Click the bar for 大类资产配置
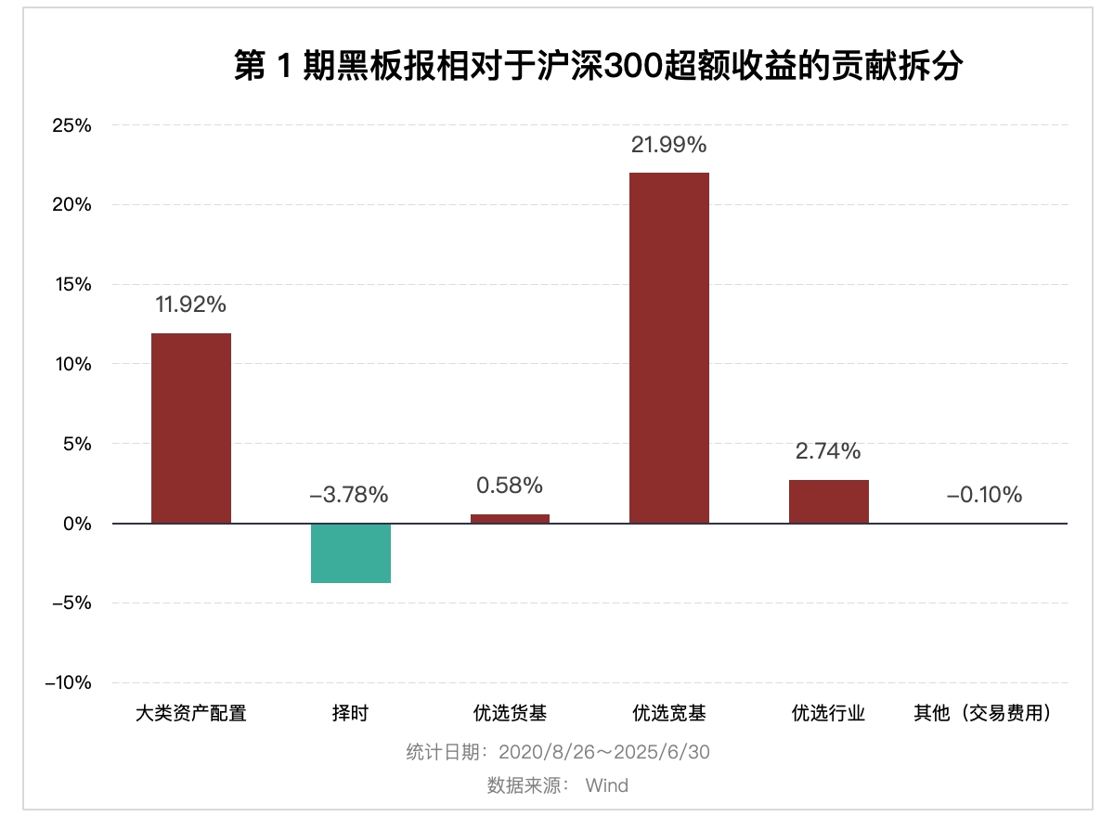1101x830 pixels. click(191, 428)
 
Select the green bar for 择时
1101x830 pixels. click(350, 553)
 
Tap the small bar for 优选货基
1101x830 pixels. click(510, 518)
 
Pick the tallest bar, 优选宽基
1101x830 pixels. click(668, 348)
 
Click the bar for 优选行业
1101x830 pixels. click(828, 501)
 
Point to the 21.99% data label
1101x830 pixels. click(668, 145)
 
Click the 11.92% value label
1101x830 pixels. click(190, 305)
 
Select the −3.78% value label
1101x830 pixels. click(349, 495)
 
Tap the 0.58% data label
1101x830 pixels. click(509, 486)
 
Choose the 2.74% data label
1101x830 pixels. click(828, 452)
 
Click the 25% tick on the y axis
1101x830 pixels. click(72, 125)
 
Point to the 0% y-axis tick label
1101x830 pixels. click(77, 524)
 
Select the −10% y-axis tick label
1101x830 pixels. click(69, 683)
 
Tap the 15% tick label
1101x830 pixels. click(72, 285)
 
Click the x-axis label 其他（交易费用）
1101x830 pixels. click(985, 714)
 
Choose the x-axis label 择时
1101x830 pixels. click(350, 714)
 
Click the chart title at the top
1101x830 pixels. click(598, 67)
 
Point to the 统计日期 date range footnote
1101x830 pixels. click(558, 752)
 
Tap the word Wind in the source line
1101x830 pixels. click(606, 785)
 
